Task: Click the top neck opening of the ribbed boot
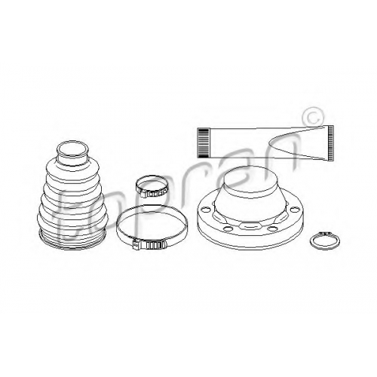click(x=72, y=150)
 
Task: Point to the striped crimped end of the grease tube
click(x=203, y=143)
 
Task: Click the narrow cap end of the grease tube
click(x=331, y=143)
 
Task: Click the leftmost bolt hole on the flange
click(x=206, y=209)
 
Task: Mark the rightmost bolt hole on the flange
click(x=293, y=210)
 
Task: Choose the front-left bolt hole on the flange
click(x=228, y=228)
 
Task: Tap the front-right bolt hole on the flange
click(x=272, y=228)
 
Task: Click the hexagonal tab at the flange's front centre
click(x=250, y=225)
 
